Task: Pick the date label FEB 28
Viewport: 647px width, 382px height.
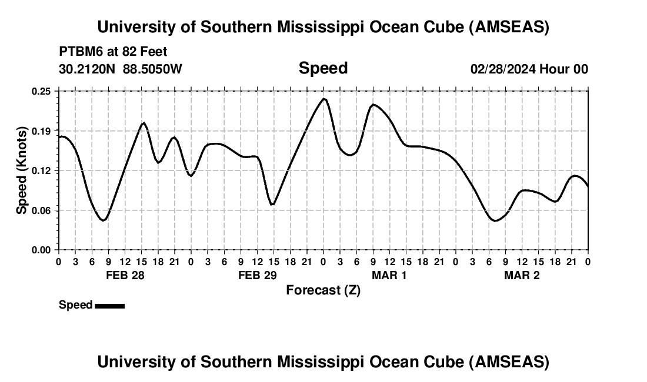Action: tap(125, 276)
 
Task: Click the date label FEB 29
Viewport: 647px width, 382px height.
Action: tap(257, 276)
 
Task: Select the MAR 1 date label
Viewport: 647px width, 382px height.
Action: tap(389, 276)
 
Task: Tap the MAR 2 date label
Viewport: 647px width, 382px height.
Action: tap(522, 276)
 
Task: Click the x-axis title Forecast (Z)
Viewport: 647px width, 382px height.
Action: tap(323, 290)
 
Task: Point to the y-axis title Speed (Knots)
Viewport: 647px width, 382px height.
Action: tap(22, 170)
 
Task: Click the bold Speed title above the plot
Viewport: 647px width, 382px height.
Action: tap(323, 68)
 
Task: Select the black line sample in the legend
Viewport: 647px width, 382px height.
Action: tap(109, 306)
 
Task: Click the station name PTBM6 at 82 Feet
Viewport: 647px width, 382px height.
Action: tap(114, 52)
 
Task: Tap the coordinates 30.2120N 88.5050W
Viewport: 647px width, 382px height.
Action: tap(121, 69)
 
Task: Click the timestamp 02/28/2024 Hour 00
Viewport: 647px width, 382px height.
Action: tap(529, 69)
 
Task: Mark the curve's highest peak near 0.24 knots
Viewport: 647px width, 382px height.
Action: tap(324, 99)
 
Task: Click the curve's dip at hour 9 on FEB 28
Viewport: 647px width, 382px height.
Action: tap(104, 220)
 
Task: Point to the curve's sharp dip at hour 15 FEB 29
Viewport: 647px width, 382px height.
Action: tap(272, 205)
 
